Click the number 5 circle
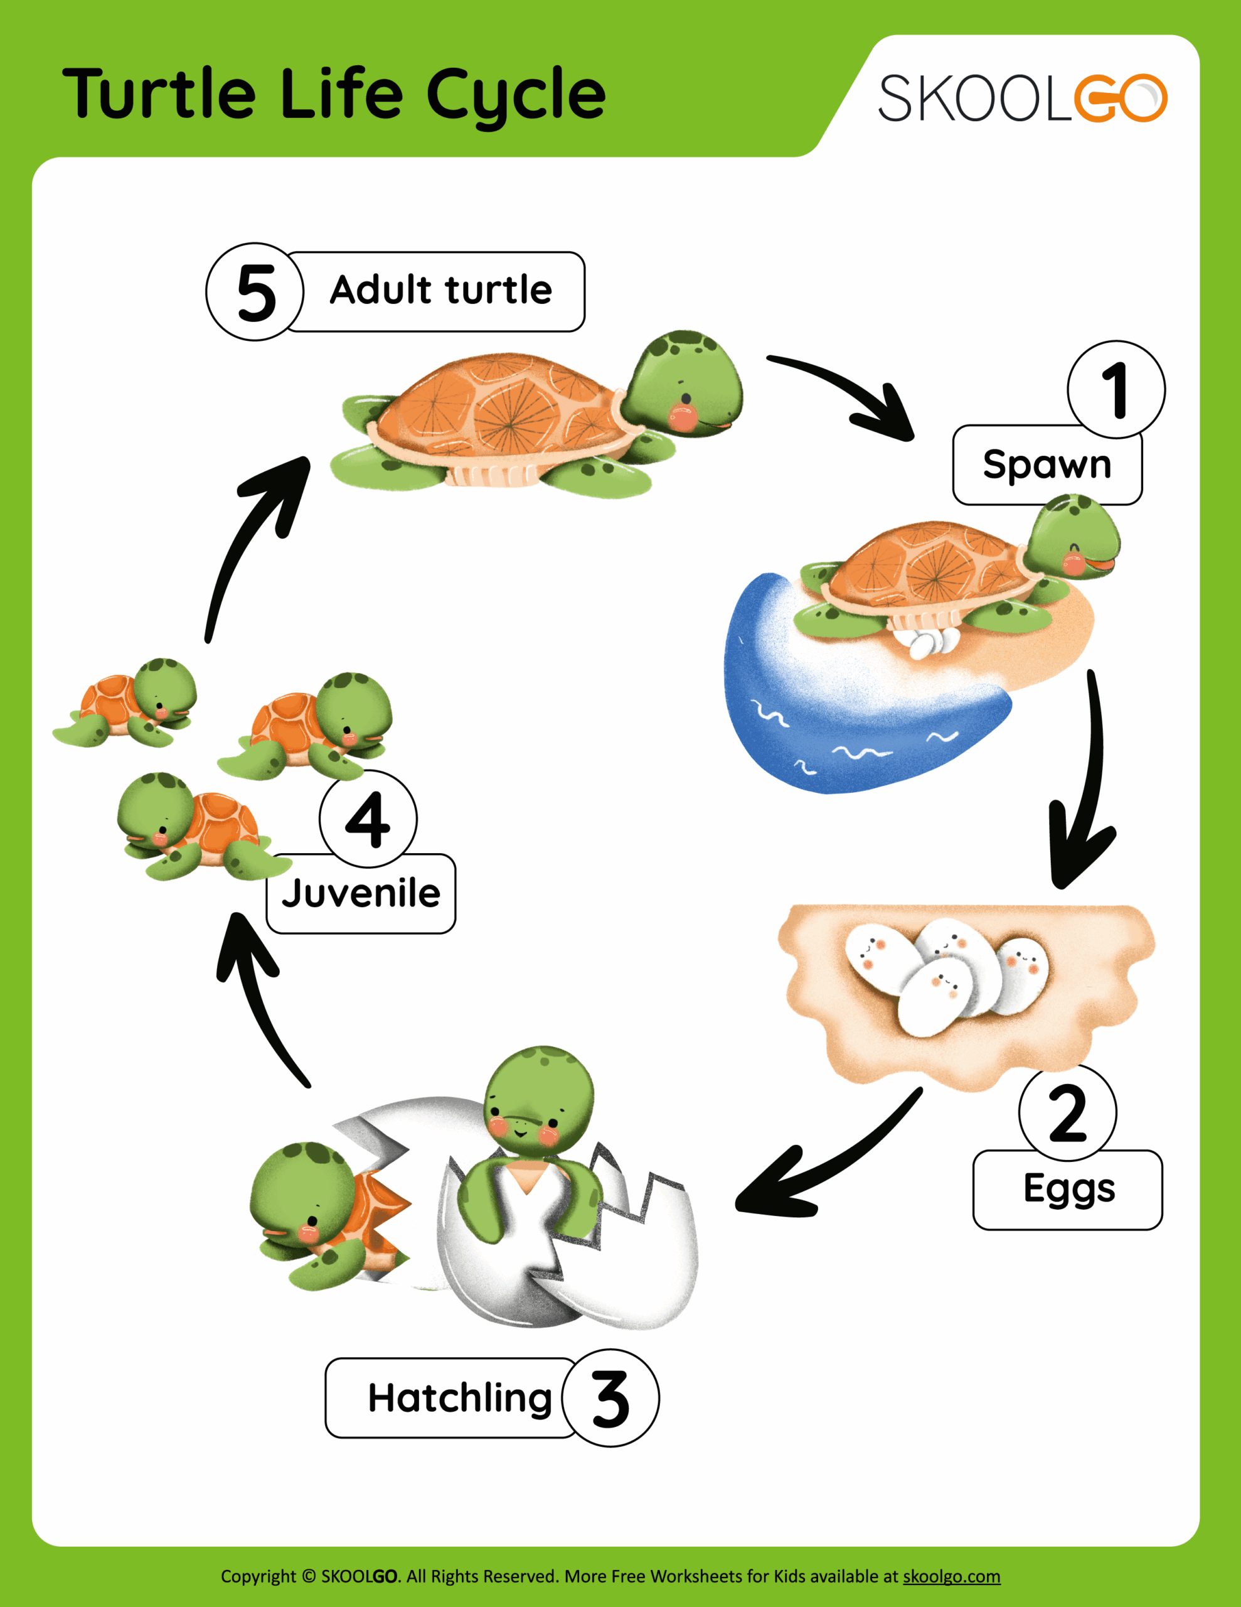coord(255,291)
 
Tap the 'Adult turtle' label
coord(440,291)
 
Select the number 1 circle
coord(1116,389)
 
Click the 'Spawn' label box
coord(1046,465)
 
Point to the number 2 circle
coord(1067,1112)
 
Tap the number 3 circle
coord(610,1398)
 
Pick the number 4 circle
coord(368,819)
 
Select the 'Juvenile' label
coord(361,893)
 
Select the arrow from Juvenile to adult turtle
coord(250,537)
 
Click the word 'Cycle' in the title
coord(515,94)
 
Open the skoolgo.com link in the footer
coord(951,1576)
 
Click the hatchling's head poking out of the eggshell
coord(538,1097)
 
